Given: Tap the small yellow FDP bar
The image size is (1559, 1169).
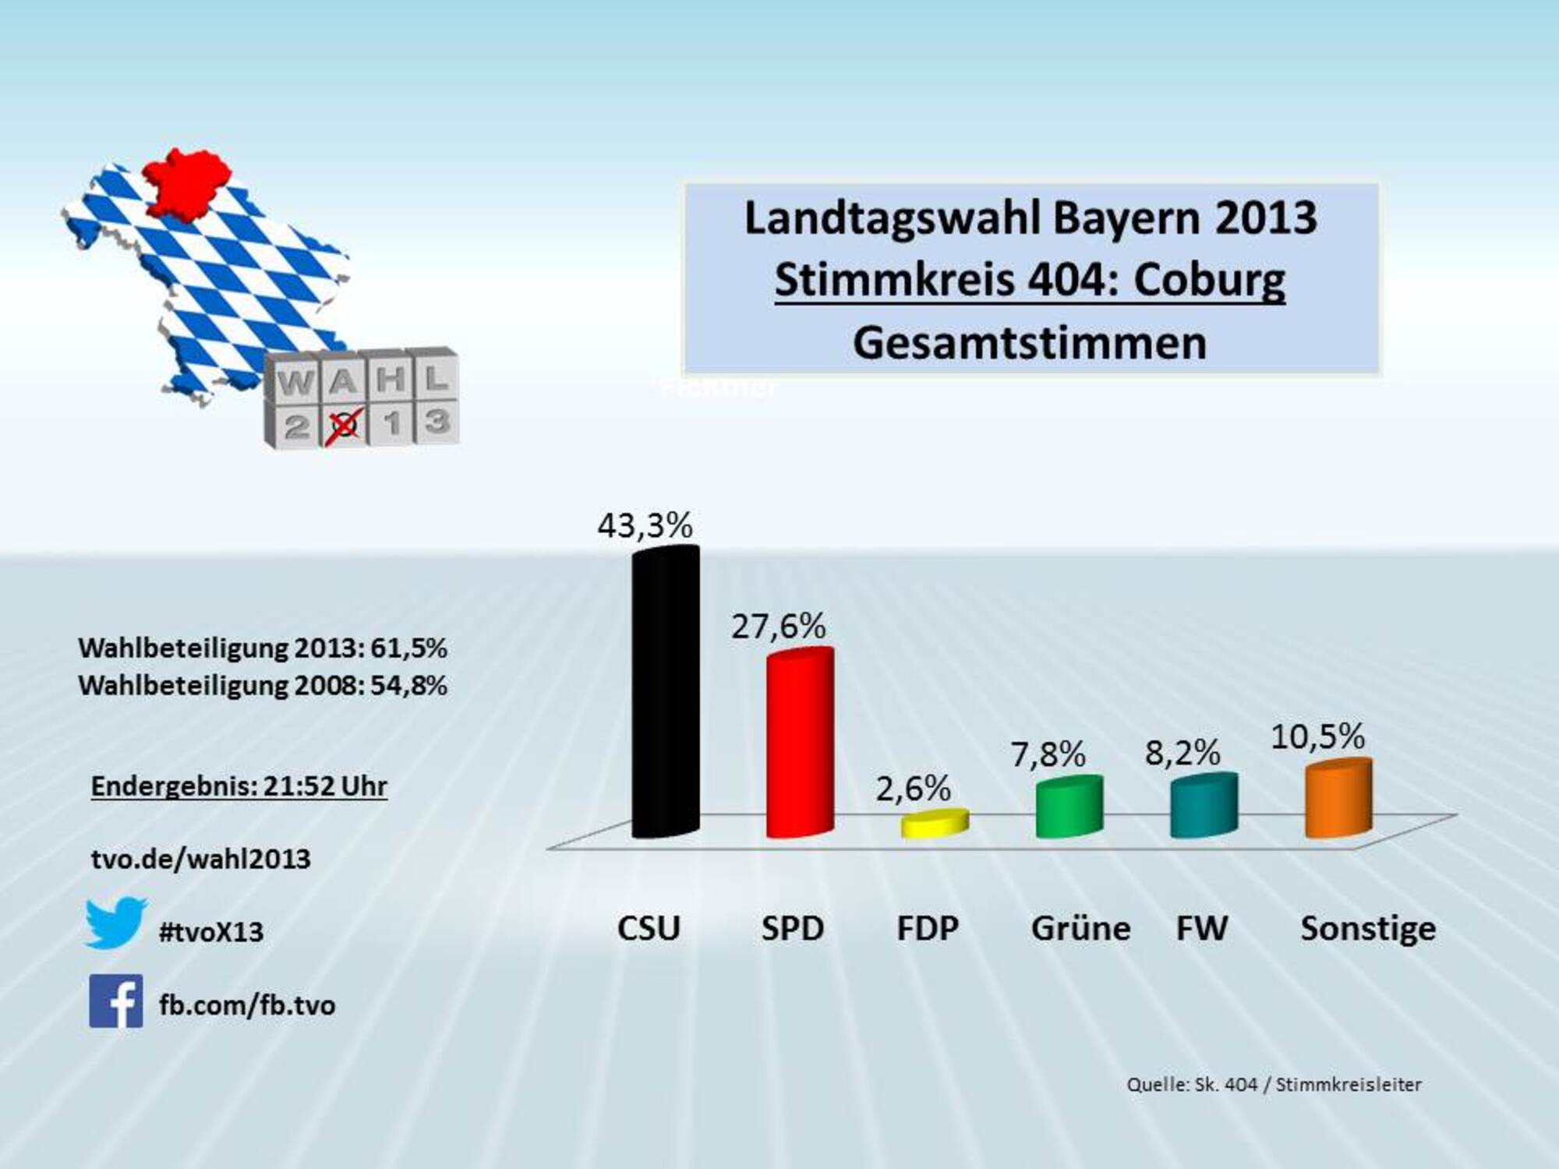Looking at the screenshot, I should (x=935, y=824).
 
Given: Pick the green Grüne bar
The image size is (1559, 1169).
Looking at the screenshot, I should (x=1069, y=807).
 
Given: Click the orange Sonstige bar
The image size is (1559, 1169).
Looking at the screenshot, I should (x=1338, y=799).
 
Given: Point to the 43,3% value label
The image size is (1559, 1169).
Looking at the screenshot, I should (x=645, y=526).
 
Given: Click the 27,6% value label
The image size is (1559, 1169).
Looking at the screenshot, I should (x=778, y=627).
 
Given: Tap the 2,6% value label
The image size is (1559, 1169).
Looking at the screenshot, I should (x=913, y=789).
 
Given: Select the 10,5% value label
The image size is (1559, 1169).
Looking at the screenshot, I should (x=1317, y=736).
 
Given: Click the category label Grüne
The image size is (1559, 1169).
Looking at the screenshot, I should (x=1080, y=928).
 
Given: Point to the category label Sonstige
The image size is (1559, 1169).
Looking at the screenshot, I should (x=1368, y=928).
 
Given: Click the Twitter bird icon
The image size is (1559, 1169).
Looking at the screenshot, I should (x=115, y=923).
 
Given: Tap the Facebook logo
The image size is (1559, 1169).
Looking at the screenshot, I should (x=116, y=1001).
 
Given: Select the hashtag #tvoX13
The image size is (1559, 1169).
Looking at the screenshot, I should (x=211, y=932).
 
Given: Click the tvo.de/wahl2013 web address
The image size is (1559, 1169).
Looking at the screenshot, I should (x=201, y=859).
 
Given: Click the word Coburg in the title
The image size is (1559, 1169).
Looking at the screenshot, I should (x=1209, y=280).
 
